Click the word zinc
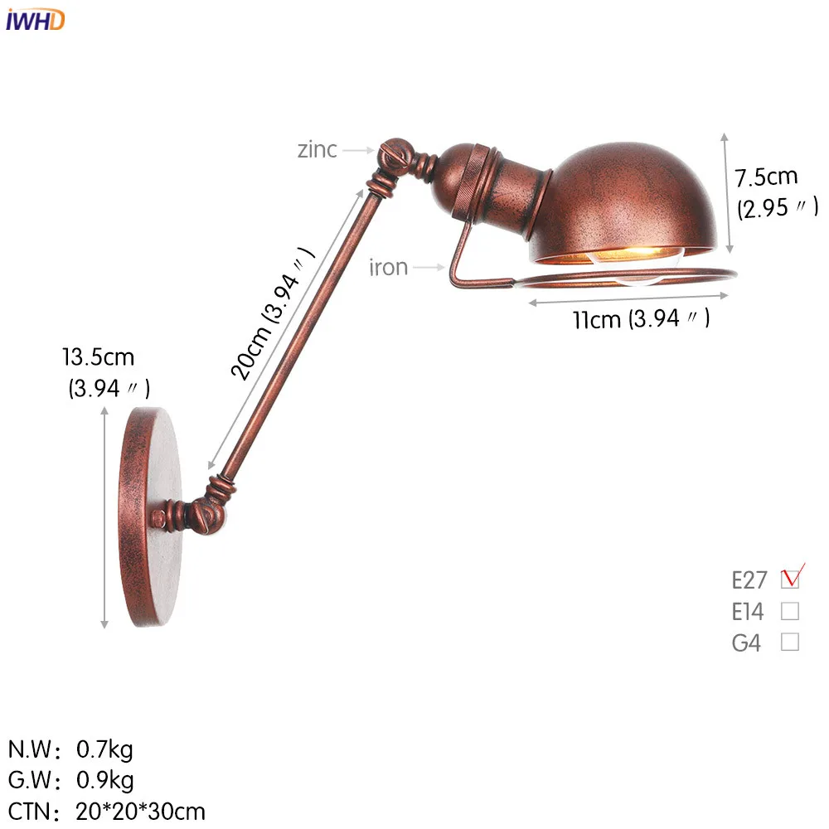click(x=318, y=149)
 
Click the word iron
click(x=388, y=267)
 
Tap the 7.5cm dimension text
click(x=765, y=177)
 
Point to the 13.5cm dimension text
click(x=98, y=358)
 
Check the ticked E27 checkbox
click(x=790, y=578)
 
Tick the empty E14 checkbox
click(x=790, y=611)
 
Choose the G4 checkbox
click(x=790, y=642)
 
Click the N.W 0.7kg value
click(x=104, y=750)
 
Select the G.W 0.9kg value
click(x=104, y=780)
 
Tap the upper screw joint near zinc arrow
click(x=390, y=155)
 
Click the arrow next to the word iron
click(x=429, y=267)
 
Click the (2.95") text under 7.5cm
click(x=777, y=207)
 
